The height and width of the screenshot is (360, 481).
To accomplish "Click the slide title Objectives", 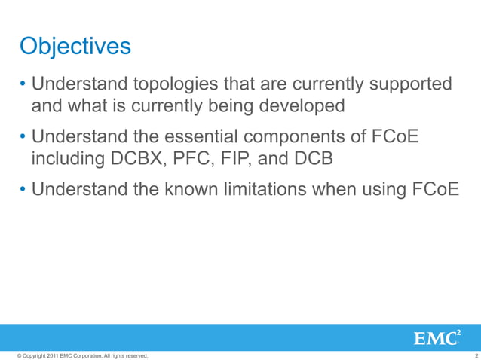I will pos(75,47).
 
